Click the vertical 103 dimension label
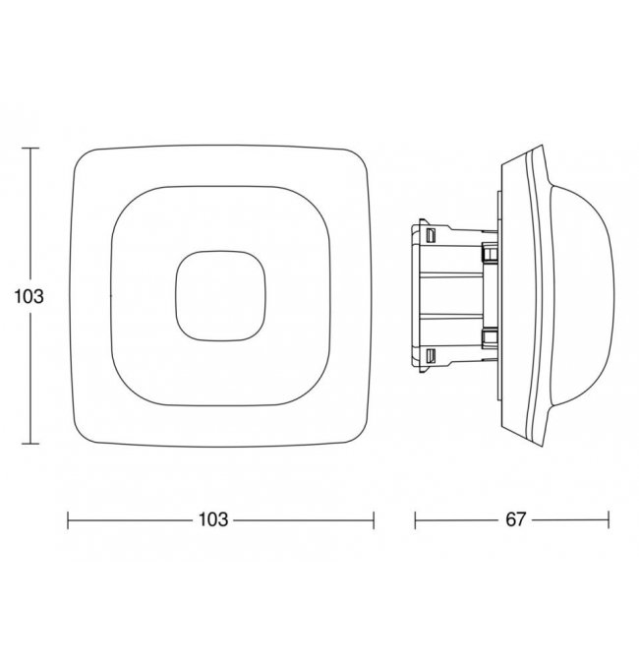point(29,296)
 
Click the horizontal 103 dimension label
point(213,519)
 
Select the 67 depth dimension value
point(516,519)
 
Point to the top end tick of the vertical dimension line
point(30,149)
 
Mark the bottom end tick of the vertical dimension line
point(30,444)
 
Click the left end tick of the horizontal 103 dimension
point(68,519)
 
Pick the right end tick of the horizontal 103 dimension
point(374,519)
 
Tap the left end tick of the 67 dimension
point(415,519)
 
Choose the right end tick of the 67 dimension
point(609,519)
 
